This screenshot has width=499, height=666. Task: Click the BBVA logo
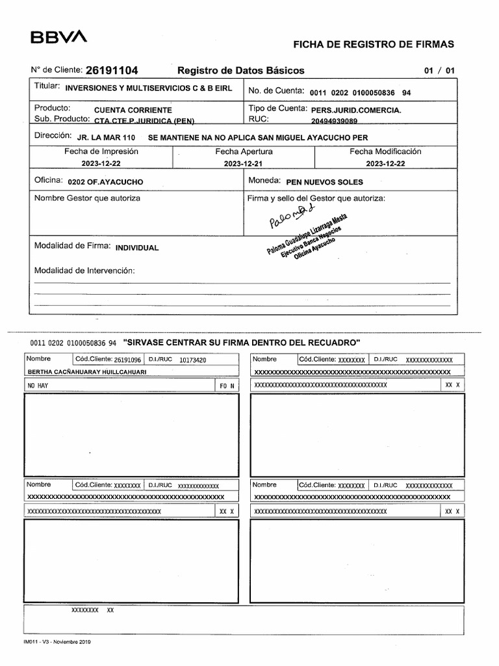[58, 38]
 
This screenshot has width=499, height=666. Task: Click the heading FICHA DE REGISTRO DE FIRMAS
[374, 44]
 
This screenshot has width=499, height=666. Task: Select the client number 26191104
[111, 70]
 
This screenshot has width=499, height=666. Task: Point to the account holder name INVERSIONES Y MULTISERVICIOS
[153, 88]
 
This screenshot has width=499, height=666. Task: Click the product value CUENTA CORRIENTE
[133, 110]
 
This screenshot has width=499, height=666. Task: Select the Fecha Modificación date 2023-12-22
[385, 164]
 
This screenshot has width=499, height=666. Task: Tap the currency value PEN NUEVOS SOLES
[324, 182]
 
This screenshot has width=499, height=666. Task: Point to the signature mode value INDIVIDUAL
[136, 248]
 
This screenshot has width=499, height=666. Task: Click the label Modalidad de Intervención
[84, 270]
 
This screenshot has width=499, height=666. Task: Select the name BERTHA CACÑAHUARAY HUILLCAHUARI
[87, 371]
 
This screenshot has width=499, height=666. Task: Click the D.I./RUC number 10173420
[193, 359]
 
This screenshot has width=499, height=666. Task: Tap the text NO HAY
[38, 386]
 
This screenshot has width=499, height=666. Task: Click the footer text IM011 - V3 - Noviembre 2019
[57, 642]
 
